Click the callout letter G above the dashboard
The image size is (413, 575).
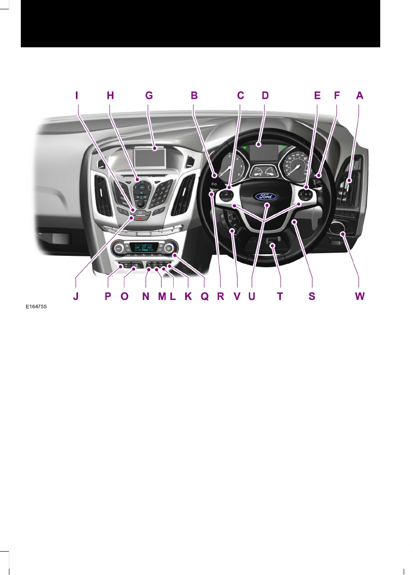pos(149,95)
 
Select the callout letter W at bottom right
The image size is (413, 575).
pos(359,297)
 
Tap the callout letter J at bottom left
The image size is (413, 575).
pos(76,297)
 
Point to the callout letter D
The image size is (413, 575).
pos(265,95)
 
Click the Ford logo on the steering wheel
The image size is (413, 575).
pos(266,197)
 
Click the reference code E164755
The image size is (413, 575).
pos(36,307)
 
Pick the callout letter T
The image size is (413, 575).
pos(280,297)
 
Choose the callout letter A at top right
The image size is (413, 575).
pos(359,95)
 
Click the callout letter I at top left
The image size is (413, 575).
pos(76,95)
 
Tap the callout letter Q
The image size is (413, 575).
pos(204,297)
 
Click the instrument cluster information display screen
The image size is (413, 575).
pos(263,153)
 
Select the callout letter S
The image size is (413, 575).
pos(312,297)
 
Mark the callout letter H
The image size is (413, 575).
pos(110,95)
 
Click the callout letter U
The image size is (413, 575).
pos(252,297)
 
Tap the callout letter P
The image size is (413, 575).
pos(108,297)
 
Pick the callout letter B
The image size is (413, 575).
pos(194,95)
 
